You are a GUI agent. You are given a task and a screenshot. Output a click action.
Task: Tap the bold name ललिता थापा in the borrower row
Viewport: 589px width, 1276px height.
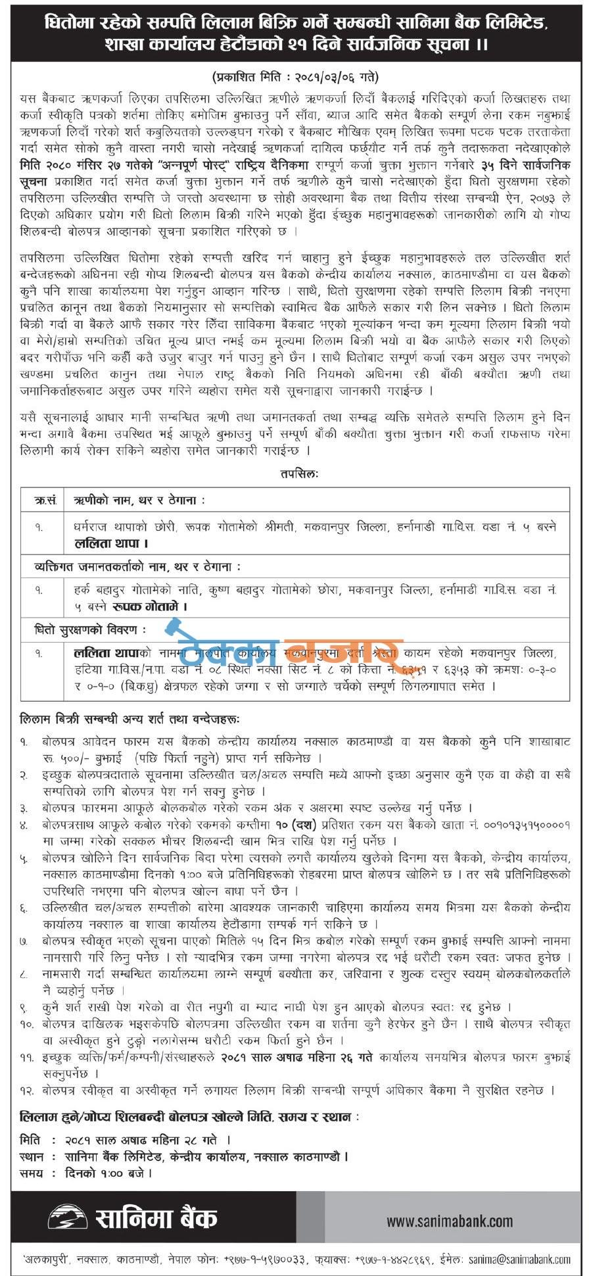pos(110,543)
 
